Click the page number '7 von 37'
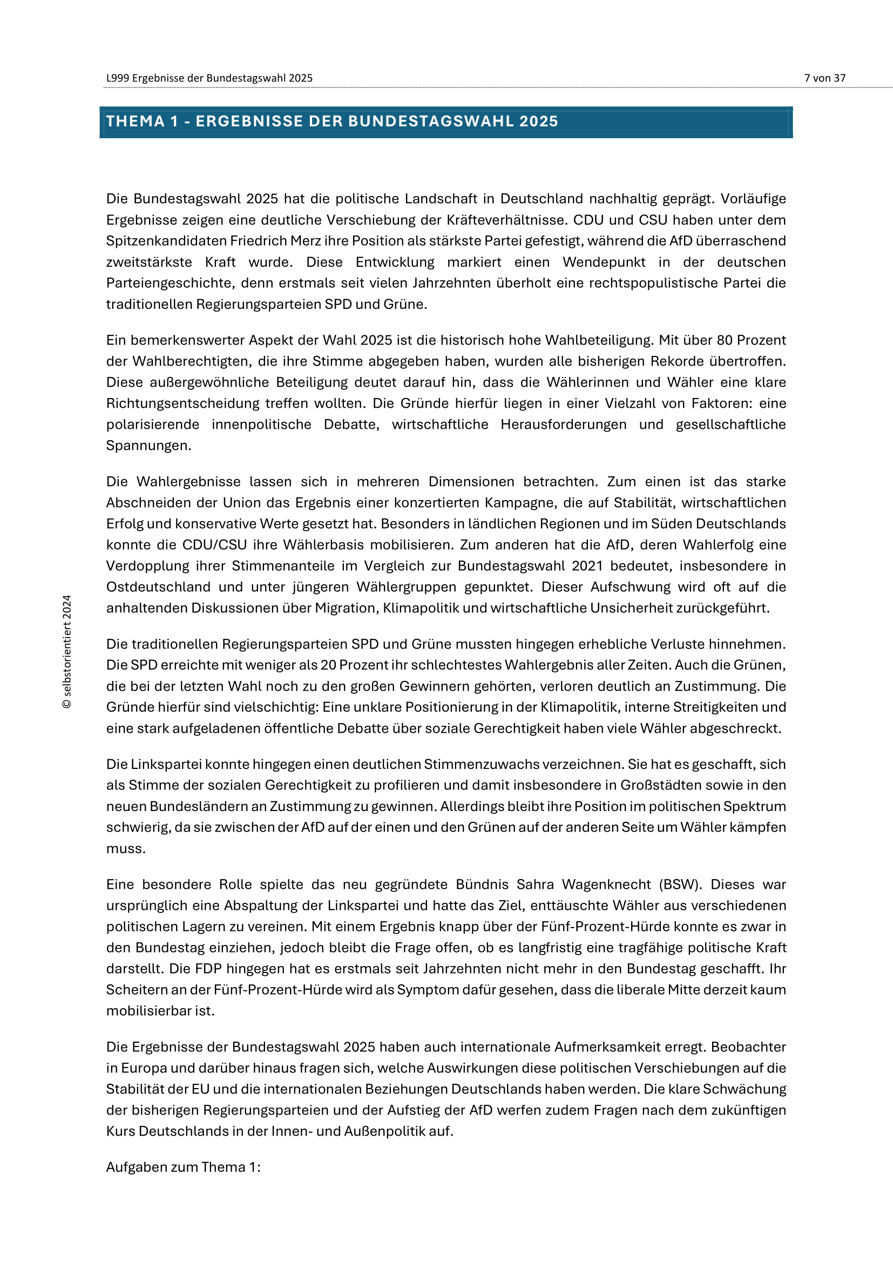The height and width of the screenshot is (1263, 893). pyautogui.click(x=824, y=78)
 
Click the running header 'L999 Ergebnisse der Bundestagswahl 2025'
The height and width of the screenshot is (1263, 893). pyautogui.click(x=209, y=78)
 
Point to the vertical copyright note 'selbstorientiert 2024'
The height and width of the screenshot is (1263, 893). pyautogui.click(x=67, y=651)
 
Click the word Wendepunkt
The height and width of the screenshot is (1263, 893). pyautogui.click(x=604, y=262)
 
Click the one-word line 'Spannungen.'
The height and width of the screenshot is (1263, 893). pyautogui.click(x=148, y=445)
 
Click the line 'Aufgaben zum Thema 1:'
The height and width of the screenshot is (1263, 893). pyautogui.click(x=183, y=1167)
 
